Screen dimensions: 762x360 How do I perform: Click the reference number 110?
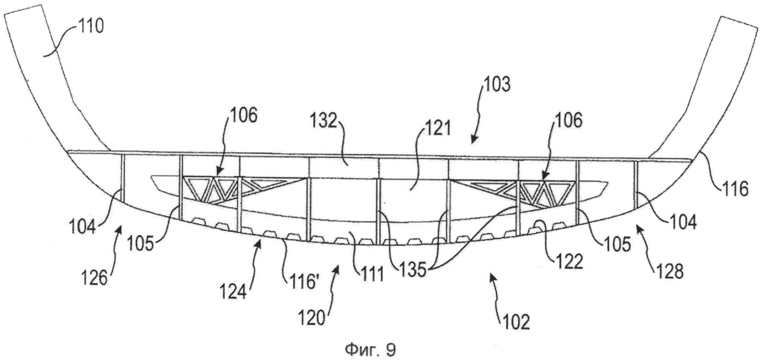[91, 26]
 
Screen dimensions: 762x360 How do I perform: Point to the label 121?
[438, 128]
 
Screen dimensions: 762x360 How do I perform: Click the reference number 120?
[312, 318]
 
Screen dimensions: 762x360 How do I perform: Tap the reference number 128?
[669, 272]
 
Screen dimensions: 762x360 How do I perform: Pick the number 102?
[516, 322]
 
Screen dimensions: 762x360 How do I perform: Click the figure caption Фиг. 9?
[371, 350]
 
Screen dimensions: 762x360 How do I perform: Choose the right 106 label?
[569, 121]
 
